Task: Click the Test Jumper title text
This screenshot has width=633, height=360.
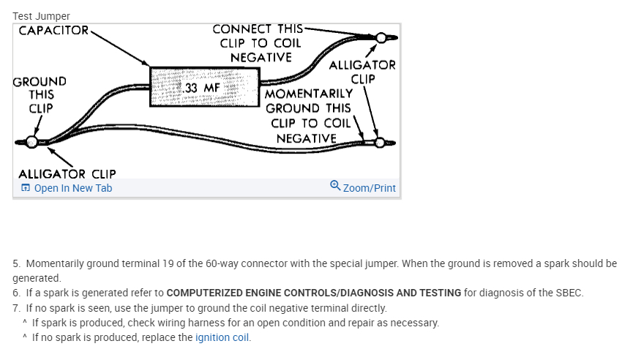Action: pyautogui.click(x=41, y=15)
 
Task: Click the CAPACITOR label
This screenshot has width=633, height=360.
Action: pyautogui.click(x=53, y=31)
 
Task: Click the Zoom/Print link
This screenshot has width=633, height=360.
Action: pyautogui.click(x=369, y=188)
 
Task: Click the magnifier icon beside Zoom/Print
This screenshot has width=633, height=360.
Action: pyautogui.click(x=335, y=187)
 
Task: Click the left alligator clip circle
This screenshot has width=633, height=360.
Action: pyautogui.click(x=31, y=142)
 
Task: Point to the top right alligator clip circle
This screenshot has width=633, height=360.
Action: pyautogui.click(x=381, y=37)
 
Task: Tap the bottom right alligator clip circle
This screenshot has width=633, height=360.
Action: pyautogui.click(x=379, y=142)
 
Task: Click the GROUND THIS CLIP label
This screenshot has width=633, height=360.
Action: pyautogui.click(x=40, y=94)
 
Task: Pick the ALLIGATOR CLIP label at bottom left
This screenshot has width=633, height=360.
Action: pyautogui.click(x=67, y=174)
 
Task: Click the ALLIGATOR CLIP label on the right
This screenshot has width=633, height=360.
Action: pyautogui.click(x=362, y=72)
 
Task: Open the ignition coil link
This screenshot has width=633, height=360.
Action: pyautogui.click(x=222, y=338)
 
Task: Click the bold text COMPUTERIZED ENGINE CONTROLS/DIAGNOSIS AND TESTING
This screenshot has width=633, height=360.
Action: pyautogui.click(x=314, y=293)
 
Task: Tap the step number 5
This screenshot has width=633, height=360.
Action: pyautogui.click(x=17, y=263)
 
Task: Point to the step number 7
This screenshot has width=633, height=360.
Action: pyautogui.click(x=17, y=308)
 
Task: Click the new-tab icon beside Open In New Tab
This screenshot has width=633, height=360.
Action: pyautogui.click(x=26, y=188)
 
